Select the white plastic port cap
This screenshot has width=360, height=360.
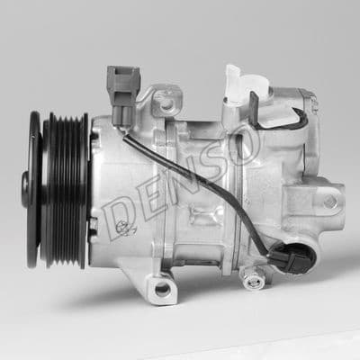(237, 85)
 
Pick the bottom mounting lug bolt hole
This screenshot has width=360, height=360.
(162, 289)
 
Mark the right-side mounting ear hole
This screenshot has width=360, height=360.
(330, 201)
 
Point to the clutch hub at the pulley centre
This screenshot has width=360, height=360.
(29, 190)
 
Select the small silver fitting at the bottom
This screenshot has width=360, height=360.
(254, 281)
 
